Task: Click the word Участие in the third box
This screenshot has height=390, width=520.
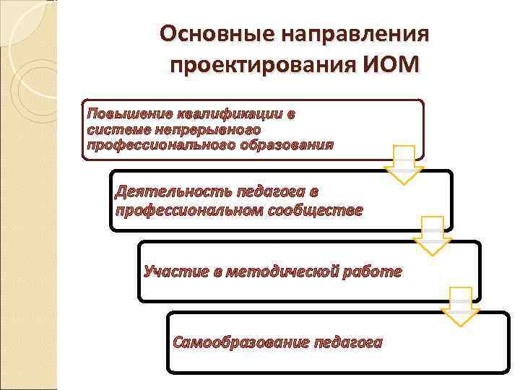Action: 174,272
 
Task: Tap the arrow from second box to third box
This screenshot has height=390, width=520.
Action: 432,235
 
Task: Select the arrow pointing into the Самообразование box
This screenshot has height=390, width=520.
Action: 461,306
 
